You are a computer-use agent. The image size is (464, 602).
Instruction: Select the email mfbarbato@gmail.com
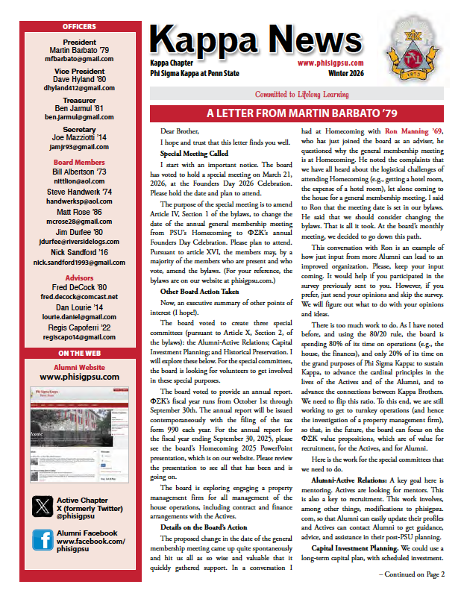(78, 58)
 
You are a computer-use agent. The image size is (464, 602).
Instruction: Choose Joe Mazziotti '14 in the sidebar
(78, 138)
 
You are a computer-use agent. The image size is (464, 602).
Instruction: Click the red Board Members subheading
(78, 162)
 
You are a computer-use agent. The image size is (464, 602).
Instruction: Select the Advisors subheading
(78, 278)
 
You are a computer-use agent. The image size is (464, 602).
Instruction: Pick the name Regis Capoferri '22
(78, 327)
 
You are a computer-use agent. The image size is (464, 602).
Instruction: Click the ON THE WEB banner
(78, 353)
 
